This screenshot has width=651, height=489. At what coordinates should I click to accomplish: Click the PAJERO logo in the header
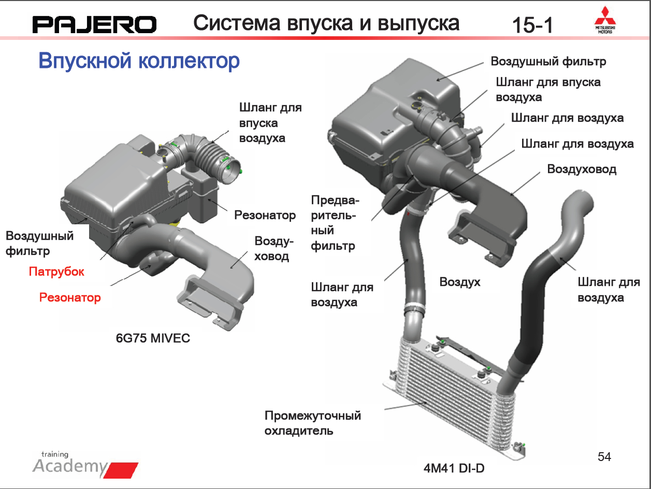(x=94, y=25)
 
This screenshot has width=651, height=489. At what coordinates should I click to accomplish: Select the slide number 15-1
(x=532, y=25)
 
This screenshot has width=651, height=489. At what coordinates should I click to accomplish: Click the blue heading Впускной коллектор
(x=139, y=61)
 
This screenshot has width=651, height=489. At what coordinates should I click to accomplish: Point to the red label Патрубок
(x=56, y=271)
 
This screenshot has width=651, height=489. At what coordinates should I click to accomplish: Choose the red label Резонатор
(x=70, y=297)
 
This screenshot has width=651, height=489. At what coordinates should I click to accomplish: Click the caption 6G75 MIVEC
(x=153, y=338)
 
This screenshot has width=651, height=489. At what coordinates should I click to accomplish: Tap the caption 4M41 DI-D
(x=454, y=468)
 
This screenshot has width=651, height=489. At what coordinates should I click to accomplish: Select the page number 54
(x=604, y=457)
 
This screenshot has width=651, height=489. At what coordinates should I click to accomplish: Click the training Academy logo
(x=85, y=464)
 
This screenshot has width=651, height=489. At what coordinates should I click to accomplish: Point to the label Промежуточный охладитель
(x=313, y=423)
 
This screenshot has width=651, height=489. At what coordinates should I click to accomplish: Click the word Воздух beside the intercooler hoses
(x=460, y=282)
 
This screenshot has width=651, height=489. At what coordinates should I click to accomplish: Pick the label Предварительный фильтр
(x=335, y=223)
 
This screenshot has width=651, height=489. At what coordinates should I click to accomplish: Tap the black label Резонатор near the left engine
(x=265, y=215)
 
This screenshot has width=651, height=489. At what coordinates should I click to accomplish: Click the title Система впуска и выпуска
(x=326, y=23)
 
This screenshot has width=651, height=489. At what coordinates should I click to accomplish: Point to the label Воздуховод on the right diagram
(x=582, y=169)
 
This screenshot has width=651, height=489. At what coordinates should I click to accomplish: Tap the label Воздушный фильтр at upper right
(x=548, y=62)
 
